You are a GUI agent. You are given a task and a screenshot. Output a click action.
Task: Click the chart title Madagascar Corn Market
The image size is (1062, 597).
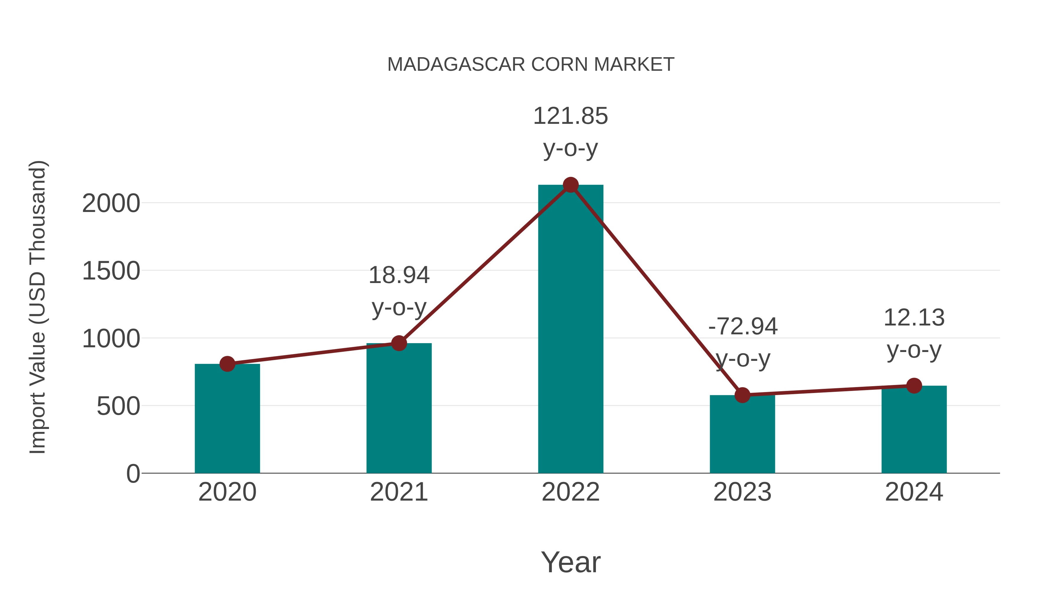pyautogui.click(x=531, y=65)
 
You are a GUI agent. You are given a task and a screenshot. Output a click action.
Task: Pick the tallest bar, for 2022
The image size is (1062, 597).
pyautogui.click(x=571, y=330)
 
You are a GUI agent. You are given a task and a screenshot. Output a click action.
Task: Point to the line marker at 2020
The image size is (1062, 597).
pyautogui.click(x=227, y=364)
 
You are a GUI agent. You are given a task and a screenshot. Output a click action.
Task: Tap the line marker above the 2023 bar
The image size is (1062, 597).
pyautogui.click(x=742, y=395)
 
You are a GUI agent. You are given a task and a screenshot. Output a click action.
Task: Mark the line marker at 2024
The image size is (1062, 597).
pyautogui.click(x=914, y=386)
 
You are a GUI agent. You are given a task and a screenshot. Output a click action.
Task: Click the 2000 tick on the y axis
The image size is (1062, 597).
pyautogui.click(x=111, y=203)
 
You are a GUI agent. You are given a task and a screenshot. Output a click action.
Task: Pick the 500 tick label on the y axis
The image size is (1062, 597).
pyautogui.click(x=118, y=406)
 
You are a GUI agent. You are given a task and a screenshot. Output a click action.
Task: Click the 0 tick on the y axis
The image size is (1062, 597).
pyautogui.click(x=133, y=474)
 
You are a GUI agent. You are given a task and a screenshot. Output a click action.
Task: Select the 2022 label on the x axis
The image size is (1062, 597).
pyautogui.click(x=571, y=492)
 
